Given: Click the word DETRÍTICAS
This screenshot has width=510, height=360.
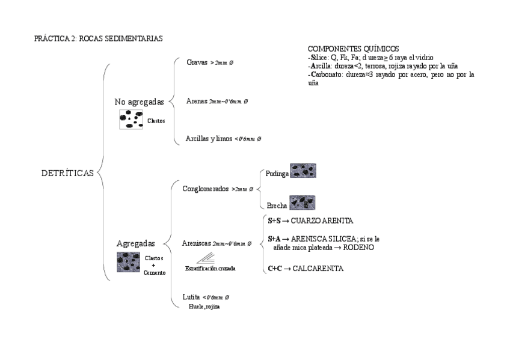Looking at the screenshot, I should coord(67,173).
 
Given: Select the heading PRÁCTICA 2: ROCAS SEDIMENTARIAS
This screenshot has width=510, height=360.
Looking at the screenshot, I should coord(99,38).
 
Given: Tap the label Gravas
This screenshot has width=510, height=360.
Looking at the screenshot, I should coord(197,62).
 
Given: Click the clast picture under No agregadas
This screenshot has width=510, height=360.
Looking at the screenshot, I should coord(131,120).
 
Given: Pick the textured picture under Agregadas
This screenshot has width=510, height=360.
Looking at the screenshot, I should coord(129,263).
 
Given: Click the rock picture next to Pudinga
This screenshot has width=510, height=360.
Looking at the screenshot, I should coord(303,171).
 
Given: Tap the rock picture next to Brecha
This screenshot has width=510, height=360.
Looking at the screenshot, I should coord(302,203).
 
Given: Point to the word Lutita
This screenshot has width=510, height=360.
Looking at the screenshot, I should coord(191,297).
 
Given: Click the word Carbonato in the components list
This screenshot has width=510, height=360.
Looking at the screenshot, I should coord(325,75).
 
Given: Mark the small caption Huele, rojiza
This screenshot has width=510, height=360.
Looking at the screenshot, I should coord(203,307).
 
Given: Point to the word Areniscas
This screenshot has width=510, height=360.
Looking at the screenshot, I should coord(196,243).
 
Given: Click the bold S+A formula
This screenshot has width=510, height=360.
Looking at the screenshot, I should coord(275,239).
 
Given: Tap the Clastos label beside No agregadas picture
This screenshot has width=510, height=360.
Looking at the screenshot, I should coord(156,121).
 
